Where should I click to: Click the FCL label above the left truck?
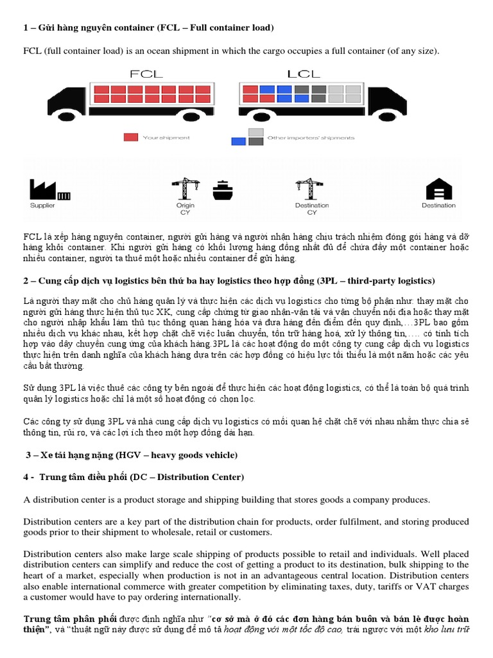tap(146, 74)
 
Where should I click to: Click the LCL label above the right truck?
tap(304, 74)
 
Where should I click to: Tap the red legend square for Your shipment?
tap(130, 137)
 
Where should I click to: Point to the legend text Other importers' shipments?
tap(310, 138)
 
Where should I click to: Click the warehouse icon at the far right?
tap(438, 189)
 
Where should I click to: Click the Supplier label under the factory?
tap(43, 206)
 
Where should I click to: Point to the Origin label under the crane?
tap(186, 206)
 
